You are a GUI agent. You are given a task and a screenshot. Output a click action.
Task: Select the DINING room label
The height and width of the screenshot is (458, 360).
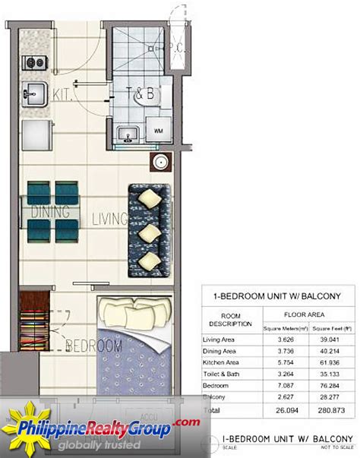50,210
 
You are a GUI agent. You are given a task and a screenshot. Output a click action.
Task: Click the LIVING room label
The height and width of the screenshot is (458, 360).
109,220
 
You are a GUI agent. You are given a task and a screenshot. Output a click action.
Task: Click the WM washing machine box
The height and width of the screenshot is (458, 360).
158,131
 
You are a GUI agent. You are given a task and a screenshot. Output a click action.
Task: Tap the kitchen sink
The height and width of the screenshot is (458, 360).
34,95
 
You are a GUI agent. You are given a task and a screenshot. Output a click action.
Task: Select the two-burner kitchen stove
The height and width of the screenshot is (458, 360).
33,63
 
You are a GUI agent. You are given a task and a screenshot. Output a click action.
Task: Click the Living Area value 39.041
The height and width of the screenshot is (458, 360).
329,340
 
